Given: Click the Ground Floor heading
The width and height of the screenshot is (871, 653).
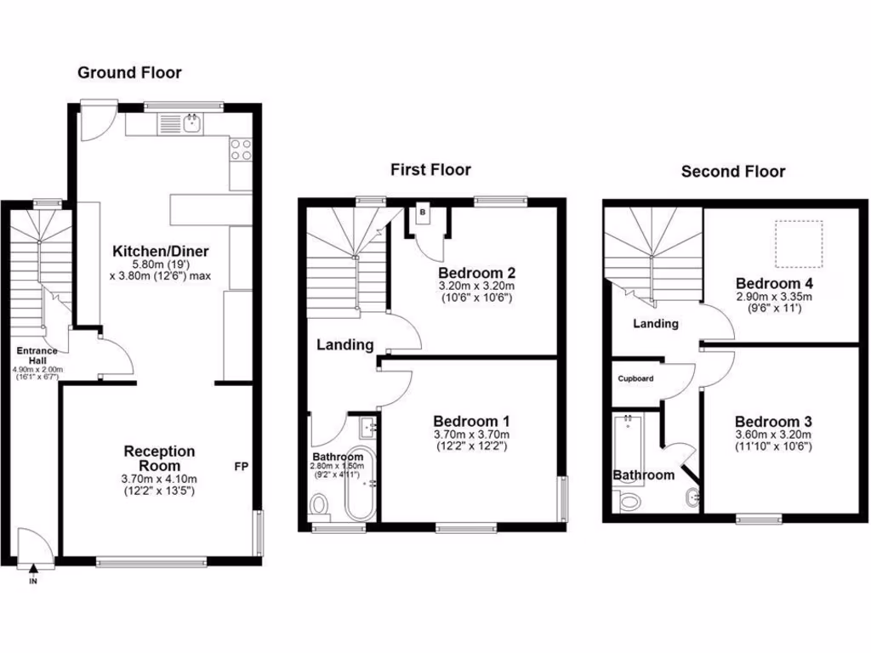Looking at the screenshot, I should point(129,72).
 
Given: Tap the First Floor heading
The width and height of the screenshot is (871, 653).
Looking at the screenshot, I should point(430,170).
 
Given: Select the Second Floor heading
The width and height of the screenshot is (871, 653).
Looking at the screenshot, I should point(732,172).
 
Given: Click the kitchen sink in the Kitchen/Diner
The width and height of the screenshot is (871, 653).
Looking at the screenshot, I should point(191,125).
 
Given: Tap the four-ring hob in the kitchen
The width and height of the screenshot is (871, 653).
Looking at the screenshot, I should point(241,150).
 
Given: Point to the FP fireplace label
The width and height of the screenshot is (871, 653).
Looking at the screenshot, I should point(241,467).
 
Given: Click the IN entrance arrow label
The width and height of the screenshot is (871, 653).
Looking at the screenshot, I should point(33,582).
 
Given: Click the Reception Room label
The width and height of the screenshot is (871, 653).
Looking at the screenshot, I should point(159,458).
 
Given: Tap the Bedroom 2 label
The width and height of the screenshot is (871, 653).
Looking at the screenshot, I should point(476,273).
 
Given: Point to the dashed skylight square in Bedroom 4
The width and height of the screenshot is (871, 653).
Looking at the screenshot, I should point(799,241).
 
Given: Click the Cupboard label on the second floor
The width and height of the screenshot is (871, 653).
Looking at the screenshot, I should point(635,378).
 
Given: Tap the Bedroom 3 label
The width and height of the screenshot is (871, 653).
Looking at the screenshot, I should point(773,422).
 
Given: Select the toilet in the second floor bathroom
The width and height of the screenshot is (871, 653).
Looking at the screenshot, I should point(629,501).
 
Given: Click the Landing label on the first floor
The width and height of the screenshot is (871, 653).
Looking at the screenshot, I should point(345,344).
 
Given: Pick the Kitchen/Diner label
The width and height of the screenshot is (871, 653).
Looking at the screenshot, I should point(161,251).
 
